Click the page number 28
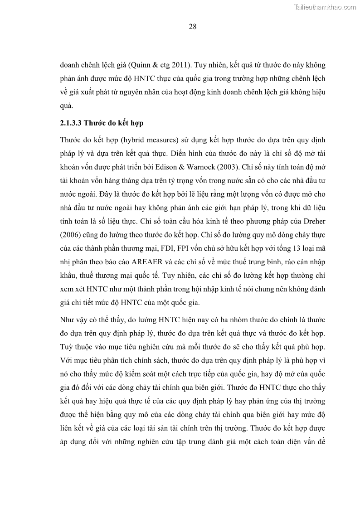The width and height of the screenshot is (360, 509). coord(192,27)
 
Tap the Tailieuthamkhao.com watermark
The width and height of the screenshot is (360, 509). coord(326,7)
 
